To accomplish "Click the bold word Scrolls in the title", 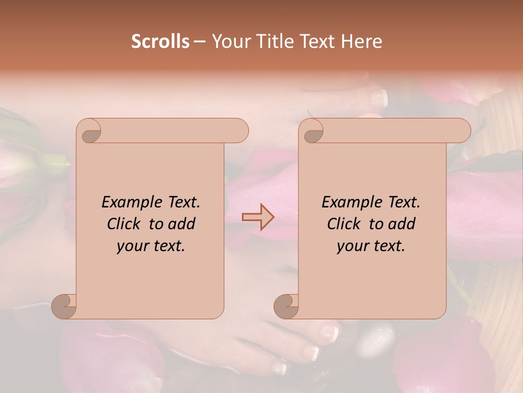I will point(160,41).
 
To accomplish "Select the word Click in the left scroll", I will point(125,224).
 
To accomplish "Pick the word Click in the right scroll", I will point(345,224).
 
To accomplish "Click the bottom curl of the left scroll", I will point(64,306).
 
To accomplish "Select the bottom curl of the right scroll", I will point(286,306).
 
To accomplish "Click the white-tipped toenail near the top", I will point(379,98).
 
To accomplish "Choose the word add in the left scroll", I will point(181,224).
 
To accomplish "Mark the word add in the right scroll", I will point(402,224).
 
